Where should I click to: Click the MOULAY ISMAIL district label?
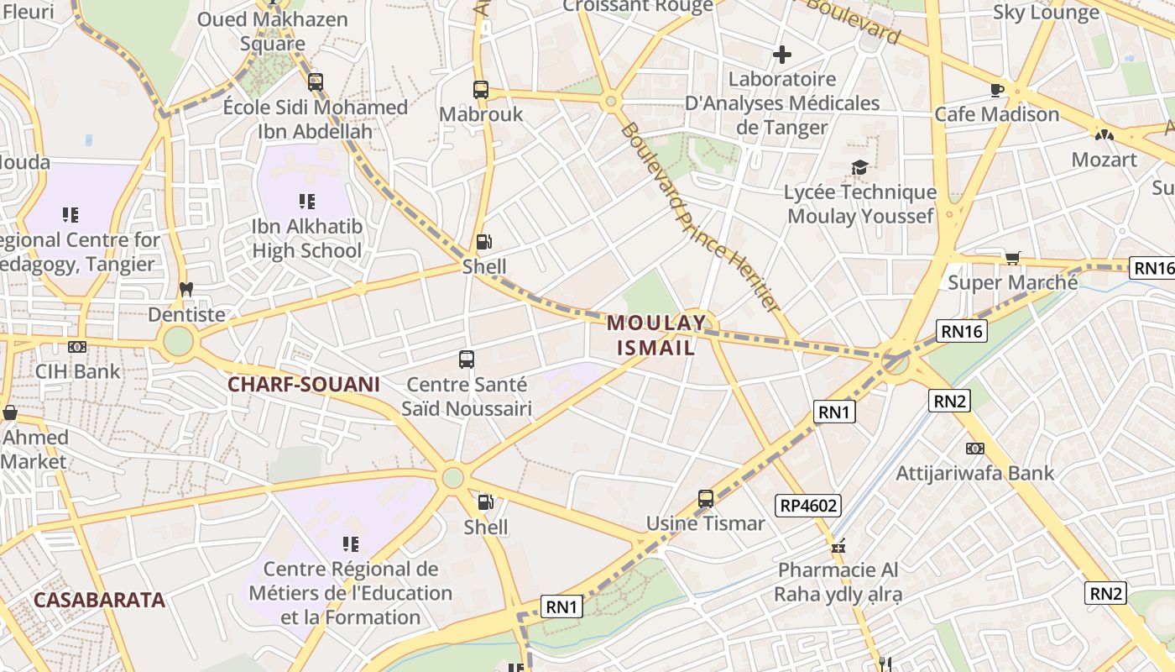655,334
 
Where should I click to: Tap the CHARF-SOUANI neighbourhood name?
304,385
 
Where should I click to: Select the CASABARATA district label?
99,600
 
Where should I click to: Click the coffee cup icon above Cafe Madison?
997,89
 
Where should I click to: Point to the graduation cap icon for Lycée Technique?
859,168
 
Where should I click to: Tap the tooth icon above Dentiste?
186,290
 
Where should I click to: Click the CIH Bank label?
78,371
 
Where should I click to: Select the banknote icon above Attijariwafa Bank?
974,449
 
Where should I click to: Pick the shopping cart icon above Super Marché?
1012,258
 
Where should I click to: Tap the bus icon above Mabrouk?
481,89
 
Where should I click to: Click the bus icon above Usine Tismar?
706,499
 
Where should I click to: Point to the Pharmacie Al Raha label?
838,582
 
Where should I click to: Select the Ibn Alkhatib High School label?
307,239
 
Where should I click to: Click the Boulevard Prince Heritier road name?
701,217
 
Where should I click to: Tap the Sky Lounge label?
1046,12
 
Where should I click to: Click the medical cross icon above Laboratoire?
782,55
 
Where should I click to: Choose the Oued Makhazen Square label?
272,31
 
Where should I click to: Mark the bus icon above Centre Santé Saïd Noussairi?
467,360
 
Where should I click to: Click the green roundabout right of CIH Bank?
178,341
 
